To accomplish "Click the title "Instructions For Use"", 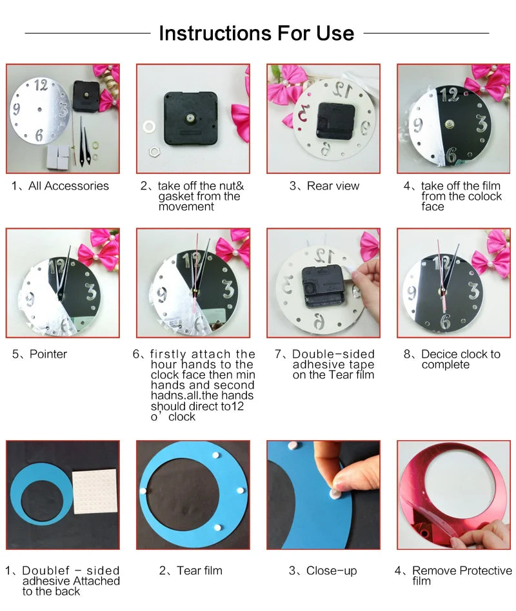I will [x=257, y=33].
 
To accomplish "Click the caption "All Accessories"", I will [x=61, y=186].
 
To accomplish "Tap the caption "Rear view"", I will [x=325, y=186].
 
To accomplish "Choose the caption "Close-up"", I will [x=323, y=570].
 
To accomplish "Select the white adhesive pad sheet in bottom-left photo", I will [x=95, y=492].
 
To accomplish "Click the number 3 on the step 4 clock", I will [x=481, y=122].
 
